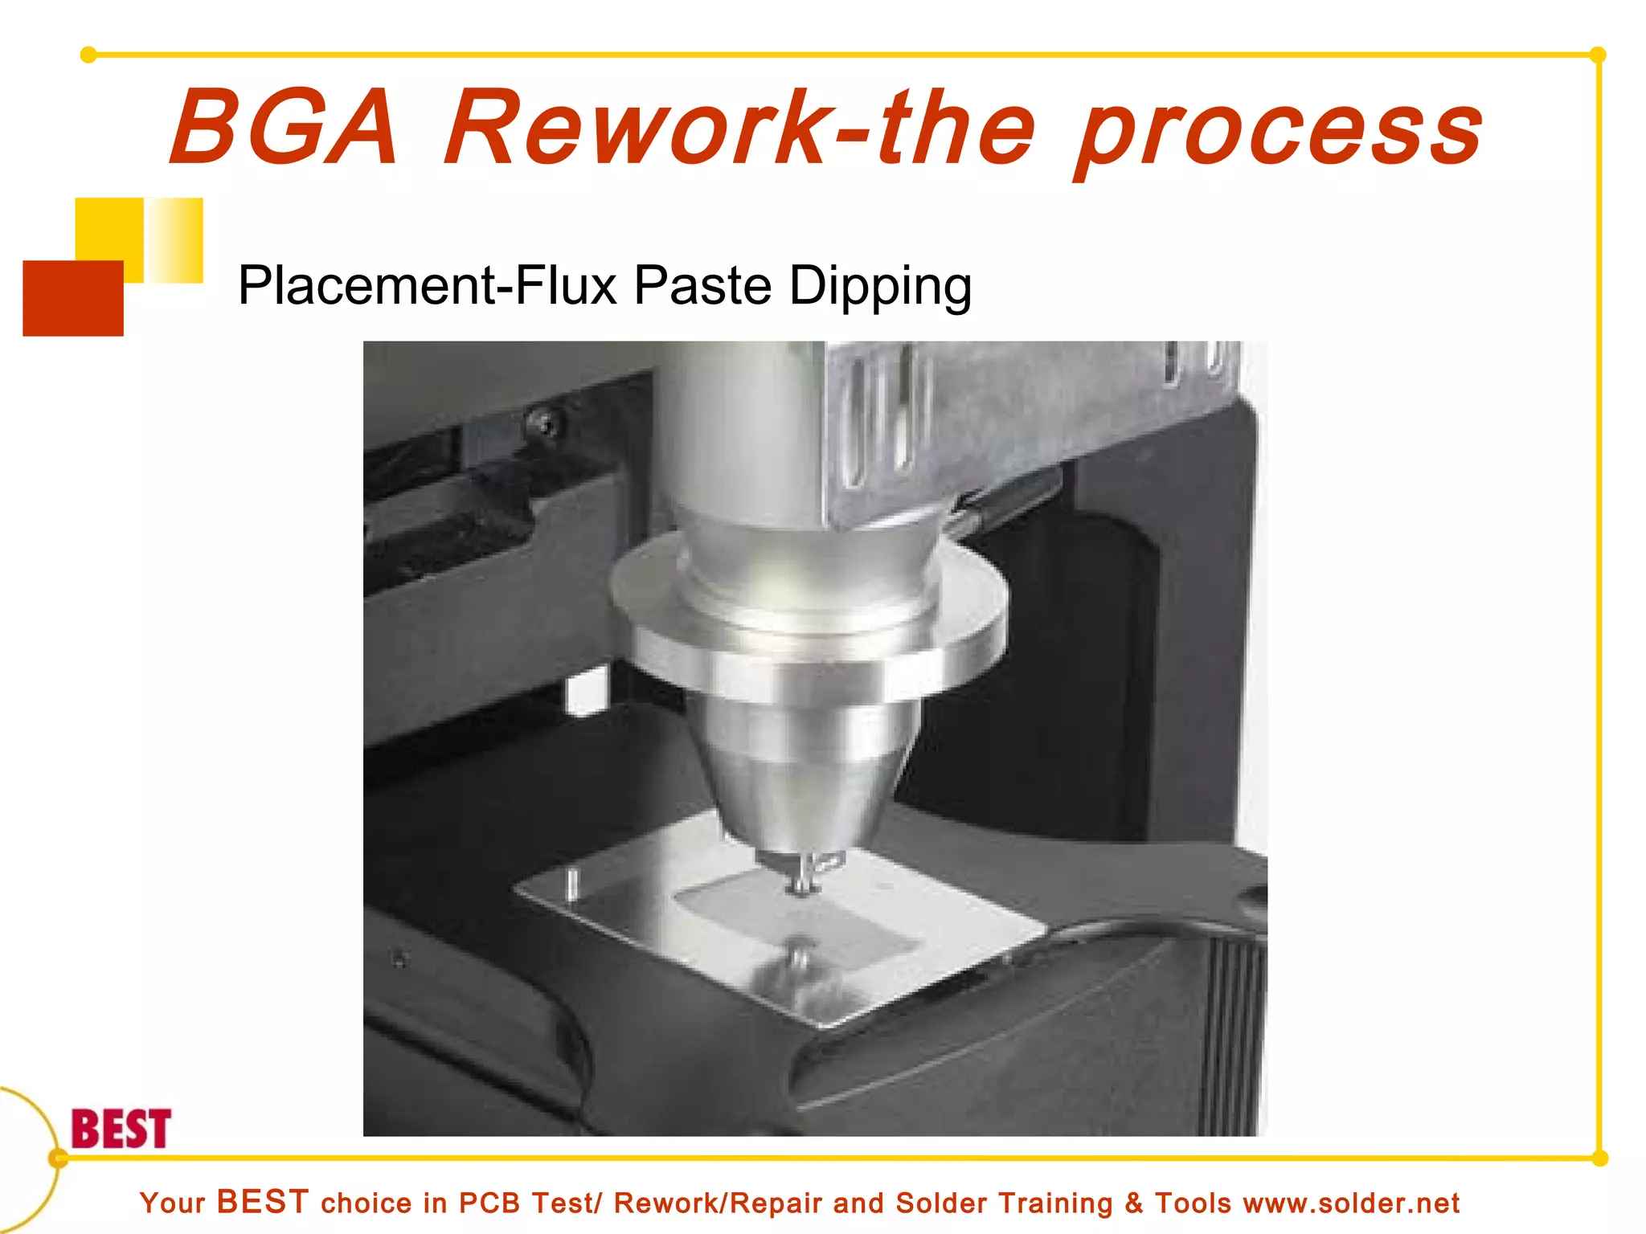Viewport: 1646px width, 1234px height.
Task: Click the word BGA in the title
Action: tap(284, 129)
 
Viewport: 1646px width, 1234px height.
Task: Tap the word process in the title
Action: tap(1280, 133)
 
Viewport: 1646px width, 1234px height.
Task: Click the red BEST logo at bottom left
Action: tap(121, 1129)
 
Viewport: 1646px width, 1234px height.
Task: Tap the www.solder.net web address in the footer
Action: tap(1351, 1203)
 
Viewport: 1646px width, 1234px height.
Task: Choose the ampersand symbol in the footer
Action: tap(1134, 1203)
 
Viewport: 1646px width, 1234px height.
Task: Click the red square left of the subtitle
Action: tap(73, 298)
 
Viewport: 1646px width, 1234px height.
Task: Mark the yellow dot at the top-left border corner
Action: tap(88, 55)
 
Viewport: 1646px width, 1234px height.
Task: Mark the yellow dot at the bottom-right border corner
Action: tap(1599, 1158)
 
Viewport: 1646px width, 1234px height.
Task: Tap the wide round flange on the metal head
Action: tap(808, 635)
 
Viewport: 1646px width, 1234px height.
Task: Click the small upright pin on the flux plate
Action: tap(572, 884)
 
